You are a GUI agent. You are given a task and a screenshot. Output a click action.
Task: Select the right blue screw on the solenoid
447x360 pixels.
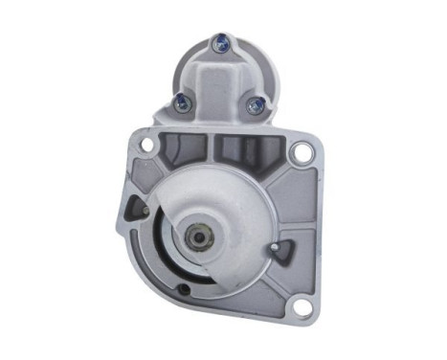pos(253,105)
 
